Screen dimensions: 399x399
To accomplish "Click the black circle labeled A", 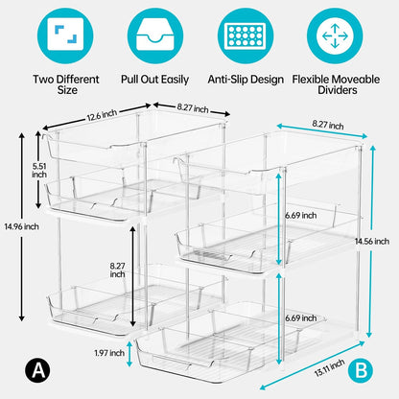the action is tap(37, 370).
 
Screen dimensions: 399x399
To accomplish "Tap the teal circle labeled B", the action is tap(361, 370).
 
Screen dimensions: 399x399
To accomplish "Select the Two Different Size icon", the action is tap(65, 35).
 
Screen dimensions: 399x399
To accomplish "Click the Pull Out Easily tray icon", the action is tap(155, 35).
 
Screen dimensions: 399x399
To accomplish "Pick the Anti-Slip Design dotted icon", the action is tap(246, 35).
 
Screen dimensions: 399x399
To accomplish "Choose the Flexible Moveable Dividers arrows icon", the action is tap(335, 35).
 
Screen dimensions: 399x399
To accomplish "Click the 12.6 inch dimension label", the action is tap(102, 115).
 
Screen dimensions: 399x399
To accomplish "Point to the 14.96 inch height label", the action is tap(21, 226).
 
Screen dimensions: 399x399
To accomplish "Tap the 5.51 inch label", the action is tap(39, 171).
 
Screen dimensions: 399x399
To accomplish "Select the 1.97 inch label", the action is tap(109, 353).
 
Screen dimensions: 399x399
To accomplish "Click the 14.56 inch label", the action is tap(372, 241).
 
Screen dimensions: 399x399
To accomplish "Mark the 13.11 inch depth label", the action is tap(330, 367).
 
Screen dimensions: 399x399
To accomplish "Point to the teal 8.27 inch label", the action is tap(328, 125).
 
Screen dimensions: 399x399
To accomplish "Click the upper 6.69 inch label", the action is tap(301, 216).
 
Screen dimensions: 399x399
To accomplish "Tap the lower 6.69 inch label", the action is tap(301, 318).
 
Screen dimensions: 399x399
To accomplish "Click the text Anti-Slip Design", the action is tap(246, 80).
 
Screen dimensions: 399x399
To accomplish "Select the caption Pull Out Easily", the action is tap(154, 80).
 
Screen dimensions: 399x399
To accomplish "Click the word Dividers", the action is tap(338, 90).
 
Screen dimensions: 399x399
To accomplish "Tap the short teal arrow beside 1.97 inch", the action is tap(129, 354).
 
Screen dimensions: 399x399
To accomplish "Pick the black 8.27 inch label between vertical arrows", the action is tap(117, 270).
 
